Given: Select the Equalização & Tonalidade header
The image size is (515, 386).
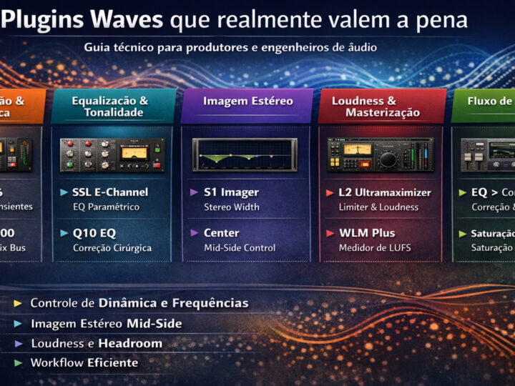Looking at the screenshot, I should pos(109,107).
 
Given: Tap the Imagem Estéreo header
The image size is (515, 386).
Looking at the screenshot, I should pos(247,101).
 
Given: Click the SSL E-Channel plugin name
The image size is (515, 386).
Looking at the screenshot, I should pos(110,192).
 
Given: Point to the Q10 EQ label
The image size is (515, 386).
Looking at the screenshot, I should pos(94,233).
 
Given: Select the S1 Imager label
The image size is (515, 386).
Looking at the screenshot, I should pos(231,192).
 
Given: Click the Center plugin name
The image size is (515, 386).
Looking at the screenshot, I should pos(222,233).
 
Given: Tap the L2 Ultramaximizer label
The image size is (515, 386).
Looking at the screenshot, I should pos(385,192).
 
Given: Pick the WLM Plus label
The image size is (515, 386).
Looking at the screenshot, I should pos(367,233).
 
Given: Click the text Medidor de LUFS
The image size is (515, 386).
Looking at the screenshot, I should pos(369,248).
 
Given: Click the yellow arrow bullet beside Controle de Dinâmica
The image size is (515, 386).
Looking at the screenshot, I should pos(18,303).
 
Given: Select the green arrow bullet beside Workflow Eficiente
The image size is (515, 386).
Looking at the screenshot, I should pos(18,363).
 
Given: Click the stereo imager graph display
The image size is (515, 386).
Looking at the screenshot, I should pos(245,154).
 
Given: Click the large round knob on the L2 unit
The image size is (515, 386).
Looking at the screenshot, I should pos(388,159).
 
